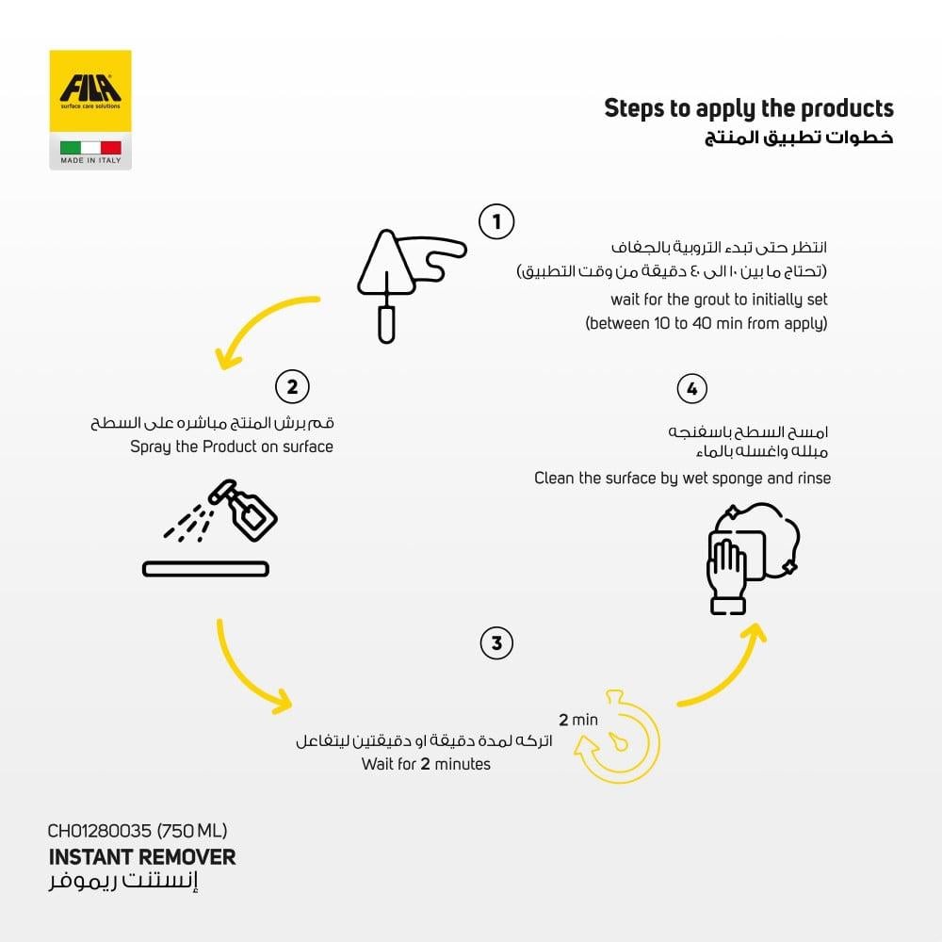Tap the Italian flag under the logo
pos(90,148)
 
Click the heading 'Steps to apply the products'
pos(748,108)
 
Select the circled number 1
pos(496,222)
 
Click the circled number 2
pos(292,386)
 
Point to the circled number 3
pos(496,643)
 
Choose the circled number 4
pos(692,389)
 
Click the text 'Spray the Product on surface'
pos(232,447)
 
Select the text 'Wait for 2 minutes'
pos(426,764)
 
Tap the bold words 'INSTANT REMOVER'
pos(141,857)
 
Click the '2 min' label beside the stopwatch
pos(577,720)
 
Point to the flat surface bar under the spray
pos(205,569)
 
